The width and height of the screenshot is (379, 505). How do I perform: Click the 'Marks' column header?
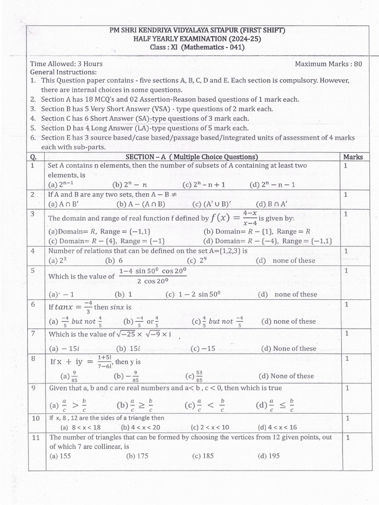pos(352,157)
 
